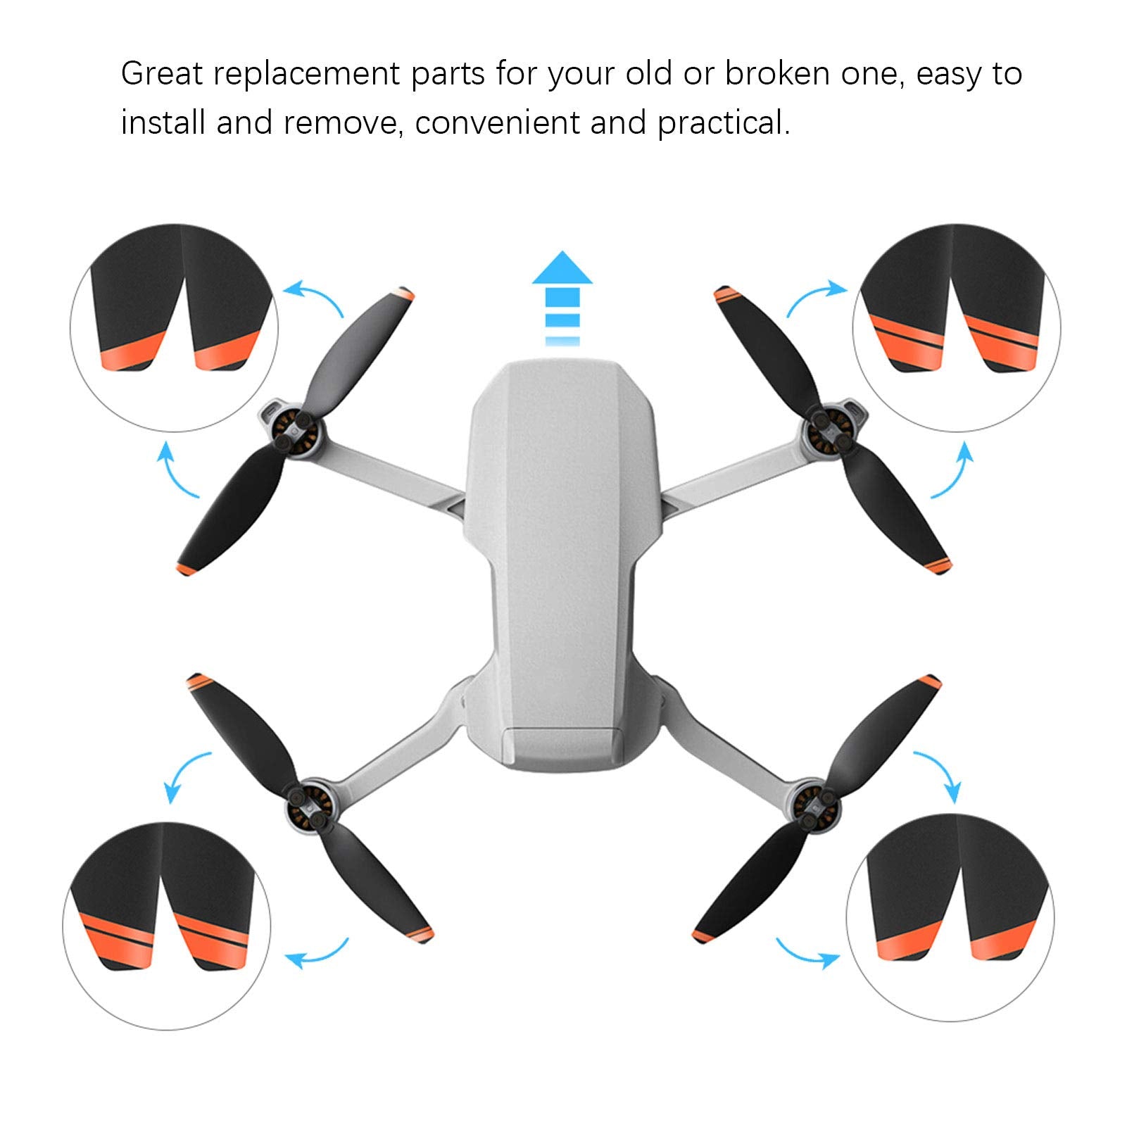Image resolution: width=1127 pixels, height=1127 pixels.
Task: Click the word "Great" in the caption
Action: pos(162,74)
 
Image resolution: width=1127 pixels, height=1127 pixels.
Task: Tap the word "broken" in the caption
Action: pos(777,74)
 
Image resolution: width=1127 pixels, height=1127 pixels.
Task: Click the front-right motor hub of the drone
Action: pos(827,430)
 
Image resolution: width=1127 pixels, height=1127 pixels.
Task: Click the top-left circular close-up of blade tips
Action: pos(174,328)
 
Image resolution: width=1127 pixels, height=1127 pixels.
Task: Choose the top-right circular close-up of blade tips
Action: pos(956,328)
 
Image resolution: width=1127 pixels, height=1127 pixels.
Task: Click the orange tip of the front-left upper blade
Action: pos(404,294)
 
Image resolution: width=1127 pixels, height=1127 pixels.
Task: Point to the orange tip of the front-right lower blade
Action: pos(940,565)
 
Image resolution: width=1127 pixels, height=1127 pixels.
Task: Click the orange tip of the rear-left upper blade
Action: pos(197,681)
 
